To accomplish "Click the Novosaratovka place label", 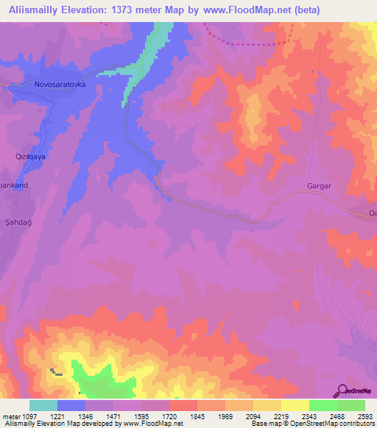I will pos(60,85).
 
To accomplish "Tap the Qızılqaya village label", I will pos(32,157).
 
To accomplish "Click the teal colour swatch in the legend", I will pos(43,405).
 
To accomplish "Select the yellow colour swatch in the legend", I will pos(295,405).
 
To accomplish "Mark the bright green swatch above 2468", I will pos(323,405).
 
